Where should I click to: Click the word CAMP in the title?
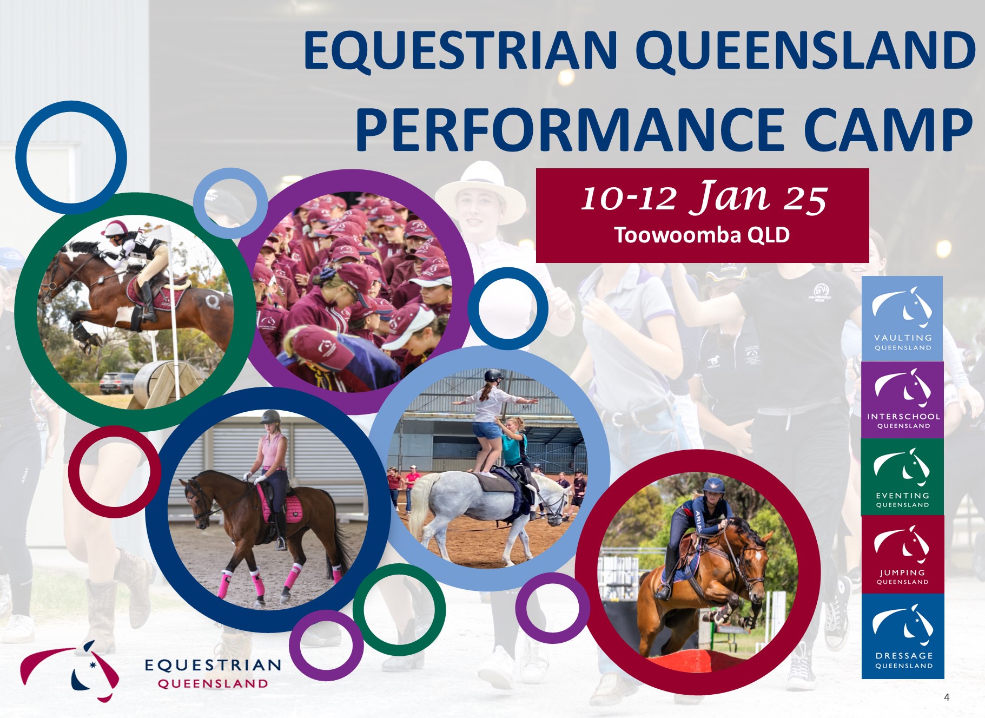click(888, 130)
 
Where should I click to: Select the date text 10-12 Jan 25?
click(704, 197)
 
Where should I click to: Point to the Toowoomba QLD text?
click(702, 235)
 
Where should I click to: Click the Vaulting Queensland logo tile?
click(902, 318)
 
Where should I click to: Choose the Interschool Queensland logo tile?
click(903, 400)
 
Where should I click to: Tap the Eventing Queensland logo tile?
click(903, 477)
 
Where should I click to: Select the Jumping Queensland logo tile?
click(903, 555)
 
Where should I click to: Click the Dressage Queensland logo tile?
click(903, 636)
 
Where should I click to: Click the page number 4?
click(947, 697)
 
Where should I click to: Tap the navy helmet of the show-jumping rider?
click(714, 484)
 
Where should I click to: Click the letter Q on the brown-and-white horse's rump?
click(213, 300)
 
